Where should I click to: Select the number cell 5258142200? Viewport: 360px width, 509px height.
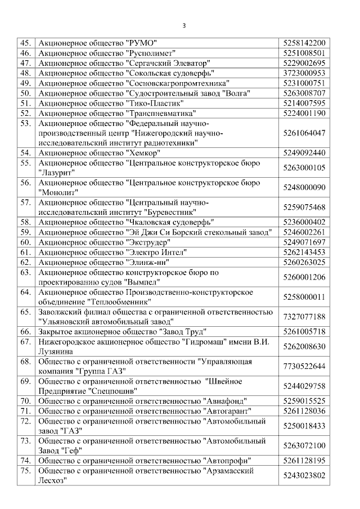pos(304,43)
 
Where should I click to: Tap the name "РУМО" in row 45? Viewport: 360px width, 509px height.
pos(141,43)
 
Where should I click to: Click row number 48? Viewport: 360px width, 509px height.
pos(25,73)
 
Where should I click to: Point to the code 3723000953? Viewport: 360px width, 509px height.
pos(304,73)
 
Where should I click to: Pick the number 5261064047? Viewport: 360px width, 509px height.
pos(304,133)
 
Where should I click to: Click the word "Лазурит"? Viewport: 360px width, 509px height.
pos(57,173)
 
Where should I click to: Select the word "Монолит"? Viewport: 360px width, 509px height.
pos(58,192)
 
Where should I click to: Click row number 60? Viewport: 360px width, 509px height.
pos(25,242)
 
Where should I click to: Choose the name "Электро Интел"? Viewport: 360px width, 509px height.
pos(156,252)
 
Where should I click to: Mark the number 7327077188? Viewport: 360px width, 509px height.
pos(304,317)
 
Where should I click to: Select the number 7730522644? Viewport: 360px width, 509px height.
pos(304,366)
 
